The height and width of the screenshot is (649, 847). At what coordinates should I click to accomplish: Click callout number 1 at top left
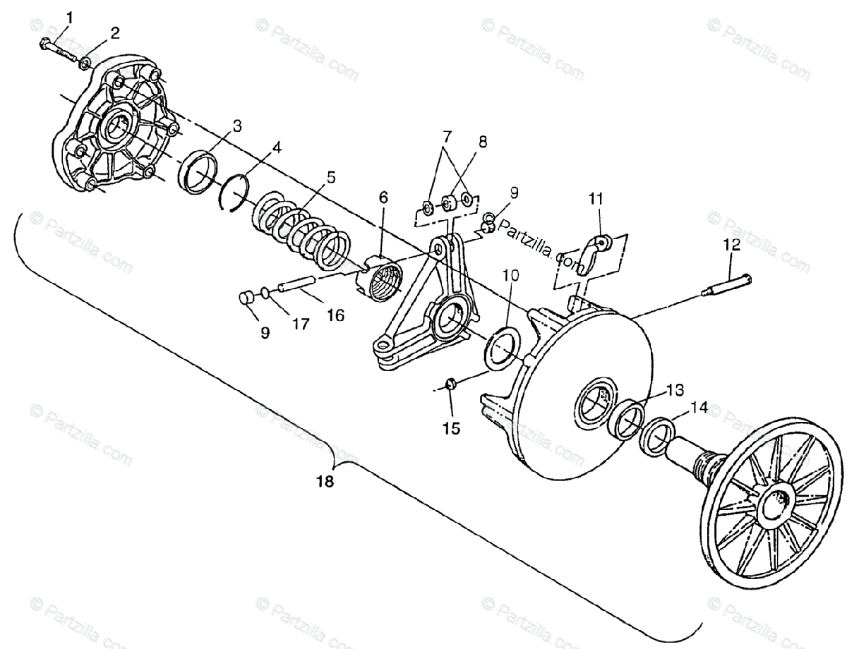(x=69, y=16)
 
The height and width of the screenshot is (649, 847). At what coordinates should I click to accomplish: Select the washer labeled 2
(x=84, y=63)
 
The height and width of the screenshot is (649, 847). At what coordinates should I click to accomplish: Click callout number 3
(x=237, y=126)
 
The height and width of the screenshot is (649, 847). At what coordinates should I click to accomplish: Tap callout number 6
(x=383, y=198)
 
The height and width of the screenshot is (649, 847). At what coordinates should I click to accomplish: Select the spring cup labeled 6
(x=381, y=275)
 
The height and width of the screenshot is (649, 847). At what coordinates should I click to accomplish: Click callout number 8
(x=482, y=141)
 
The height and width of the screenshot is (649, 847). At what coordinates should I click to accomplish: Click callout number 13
(x=674, y=389)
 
